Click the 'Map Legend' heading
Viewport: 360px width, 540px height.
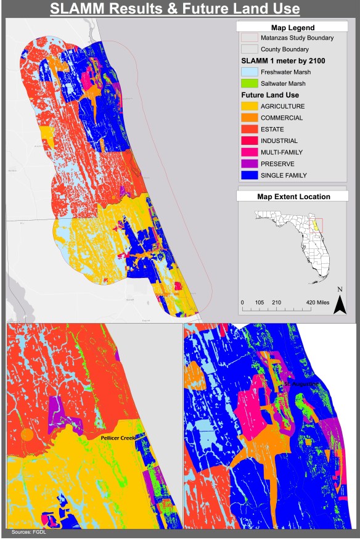click(292, 27)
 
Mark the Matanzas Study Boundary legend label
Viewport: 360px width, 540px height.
click(297, 38)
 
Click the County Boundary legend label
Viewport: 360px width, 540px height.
click(285, 49)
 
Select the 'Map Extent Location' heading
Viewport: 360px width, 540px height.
click(293, 197)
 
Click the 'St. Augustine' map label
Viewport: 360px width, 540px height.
click(301, 384)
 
